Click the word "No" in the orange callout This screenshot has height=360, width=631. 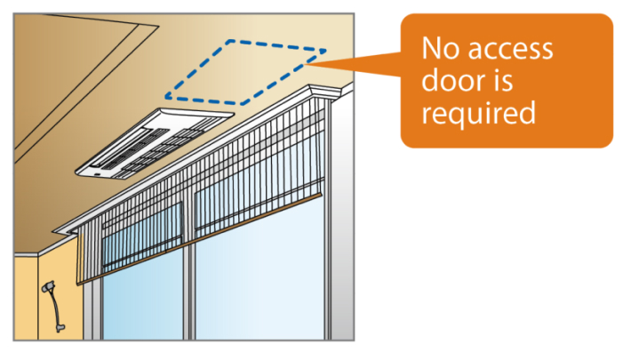click(440, 48)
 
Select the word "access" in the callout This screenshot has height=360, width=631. click(510, 50)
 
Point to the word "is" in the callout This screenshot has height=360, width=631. click(503, 80)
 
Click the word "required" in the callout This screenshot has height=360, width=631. click(478, 113)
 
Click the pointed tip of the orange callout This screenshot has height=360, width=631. click(306, 64)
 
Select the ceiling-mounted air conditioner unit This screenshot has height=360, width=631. click(155, 143)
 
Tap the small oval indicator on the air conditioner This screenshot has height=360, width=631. click(97, 174)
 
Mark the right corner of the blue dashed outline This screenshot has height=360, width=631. click(325, 51)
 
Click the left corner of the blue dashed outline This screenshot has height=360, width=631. click(166, 97)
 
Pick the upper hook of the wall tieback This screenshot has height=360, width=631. click(48, 287)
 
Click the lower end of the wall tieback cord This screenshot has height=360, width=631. click(60, 327)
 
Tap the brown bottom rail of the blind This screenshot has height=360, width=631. click(200, 239)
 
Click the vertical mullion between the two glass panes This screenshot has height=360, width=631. click(189, 291)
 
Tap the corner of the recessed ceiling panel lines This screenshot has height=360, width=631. click(158, 26)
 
